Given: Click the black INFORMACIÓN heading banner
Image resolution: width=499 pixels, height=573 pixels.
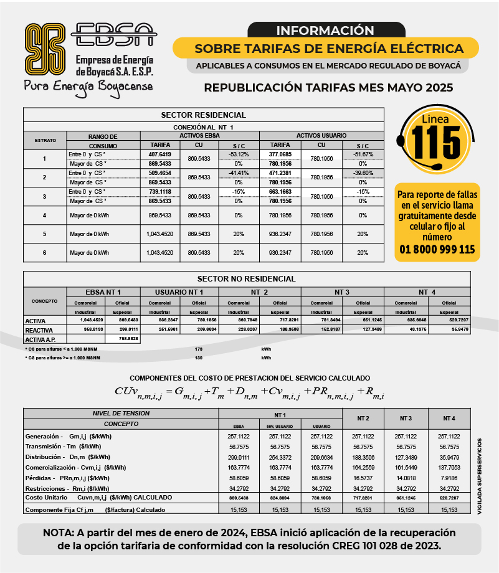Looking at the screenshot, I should point(325,30).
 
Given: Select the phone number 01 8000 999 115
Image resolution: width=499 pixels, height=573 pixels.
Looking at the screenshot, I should point(437,250).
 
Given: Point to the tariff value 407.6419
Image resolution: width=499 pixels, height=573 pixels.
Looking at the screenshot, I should point(160,154).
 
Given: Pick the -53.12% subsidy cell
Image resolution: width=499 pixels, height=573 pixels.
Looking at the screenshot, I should point(239,154).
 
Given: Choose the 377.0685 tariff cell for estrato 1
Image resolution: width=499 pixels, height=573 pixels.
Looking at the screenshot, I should point(280,154).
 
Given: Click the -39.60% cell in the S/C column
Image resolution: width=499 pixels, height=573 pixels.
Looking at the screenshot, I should point(363,173).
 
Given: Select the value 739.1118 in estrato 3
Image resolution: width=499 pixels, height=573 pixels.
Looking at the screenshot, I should point(160,192).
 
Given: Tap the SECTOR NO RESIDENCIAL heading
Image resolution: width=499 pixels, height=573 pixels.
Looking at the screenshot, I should point(246,278).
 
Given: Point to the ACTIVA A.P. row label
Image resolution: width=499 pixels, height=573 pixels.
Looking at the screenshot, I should point(41,339).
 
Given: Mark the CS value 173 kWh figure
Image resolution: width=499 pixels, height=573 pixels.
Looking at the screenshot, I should point(199,349).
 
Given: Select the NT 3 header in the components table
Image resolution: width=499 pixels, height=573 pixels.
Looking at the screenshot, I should point(404,417).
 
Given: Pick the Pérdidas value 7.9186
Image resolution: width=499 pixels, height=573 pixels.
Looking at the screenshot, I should point(449,478).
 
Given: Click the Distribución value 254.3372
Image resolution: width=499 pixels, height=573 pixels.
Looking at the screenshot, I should point(280,457).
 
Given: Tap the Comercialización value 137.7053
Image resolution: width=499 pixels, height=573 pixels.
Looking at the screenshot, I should point(449,467).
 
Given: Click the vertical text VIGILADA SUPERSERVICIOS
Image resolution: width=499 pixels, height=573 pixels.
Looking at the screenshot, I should point(479,476).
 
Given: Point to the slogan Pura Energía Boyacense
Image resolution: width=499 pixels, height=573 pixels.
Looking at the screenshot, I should point(88,86).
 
